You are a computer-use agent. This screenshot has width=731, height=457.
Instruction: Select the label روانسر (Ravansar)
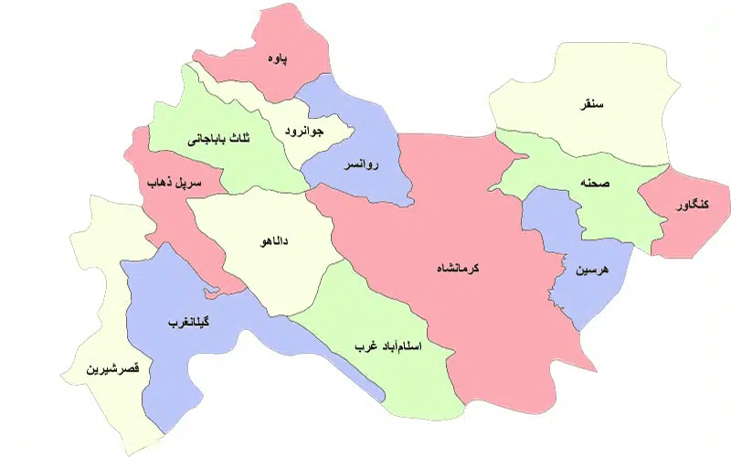click(357, 167)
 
